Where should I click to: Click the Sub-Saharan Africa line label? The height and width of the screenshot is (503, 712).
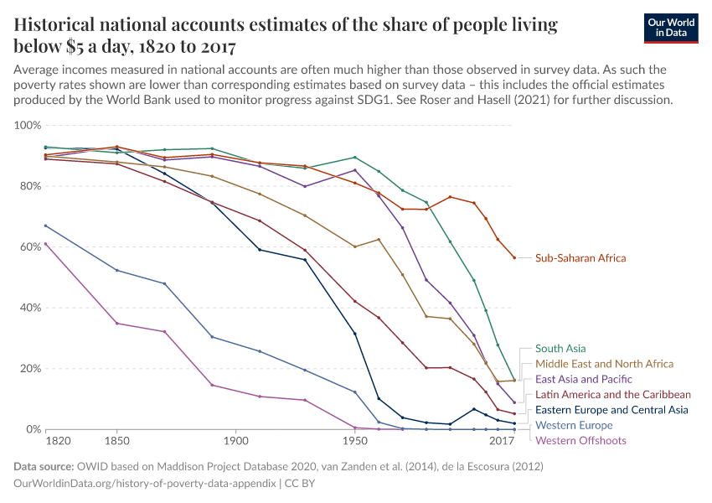point(580,258)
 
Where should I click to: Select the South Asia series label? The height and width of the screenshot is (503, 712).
point(560,349)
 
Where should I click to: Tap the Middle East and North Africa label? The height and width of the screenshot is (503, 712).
point(604,364)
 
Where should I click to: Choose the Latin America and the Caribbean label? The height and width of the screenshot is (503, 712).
point(613,395)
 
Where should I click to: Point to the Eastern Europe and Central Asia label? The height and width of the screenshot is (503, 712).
point(611,410)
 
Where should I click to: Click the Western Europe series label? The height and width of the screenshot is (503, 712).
point(574,425)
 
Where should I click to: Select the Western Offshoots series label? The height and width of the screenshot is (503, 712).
point(580,440)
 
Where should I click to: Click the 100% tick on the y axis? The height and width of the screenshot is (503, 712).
point(28,125)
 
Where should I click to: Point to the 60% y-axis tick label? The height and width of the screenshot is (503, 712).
point(30,246)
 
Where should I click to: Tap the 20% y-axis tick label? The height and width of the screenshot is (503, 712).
point(30,368)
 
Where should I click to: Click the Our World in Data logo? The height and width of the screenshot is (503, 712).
point(672,27)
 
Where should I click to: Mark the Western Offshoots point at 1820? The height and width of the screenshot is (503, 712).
point(45,244)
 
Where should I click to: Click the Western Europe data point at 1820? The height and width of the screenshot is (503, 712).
point(45,226)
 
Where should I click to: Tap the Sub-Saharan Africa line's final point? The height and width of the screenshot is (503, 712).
point(514,257)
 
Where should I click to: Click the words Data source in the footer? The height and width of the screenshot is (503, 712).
point(44,467)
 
